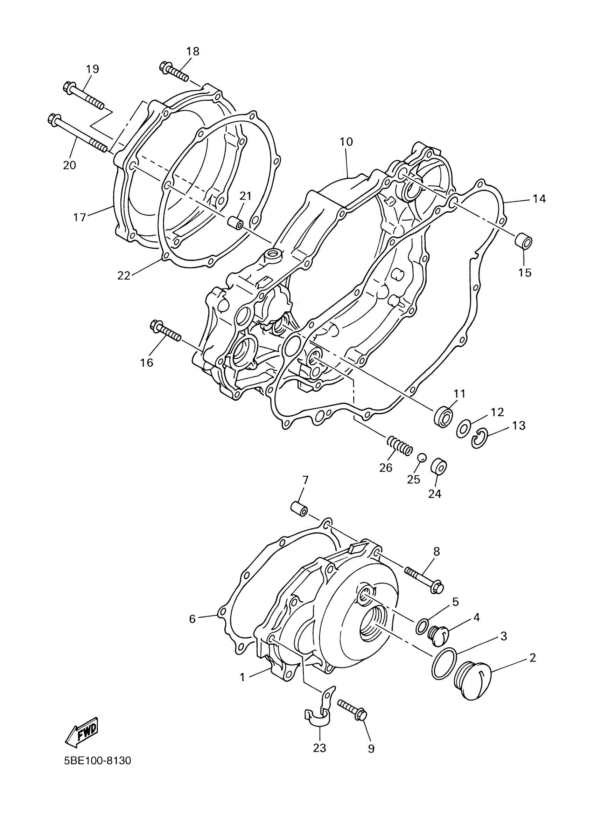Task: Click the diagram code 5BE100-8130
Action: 97,770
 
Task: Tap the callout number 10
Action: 346,142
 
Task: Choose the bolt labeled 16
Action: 165,331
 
